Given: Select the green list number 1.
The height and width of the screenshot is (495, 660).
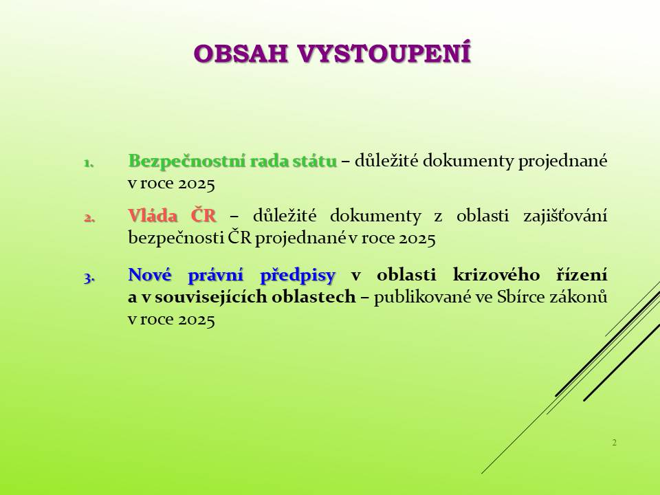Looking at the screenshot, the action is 89,163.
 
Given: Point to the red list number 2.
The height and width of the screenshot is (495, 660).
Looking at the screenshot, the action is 89,218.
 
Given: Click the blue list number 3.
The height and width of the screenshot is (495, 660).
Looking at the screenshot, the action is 89,277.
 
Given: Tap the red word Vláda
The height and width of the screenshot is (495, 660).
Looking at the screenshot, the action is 153,215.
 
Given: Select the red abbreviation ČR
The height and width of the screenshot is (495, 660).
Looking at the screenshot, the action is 203,214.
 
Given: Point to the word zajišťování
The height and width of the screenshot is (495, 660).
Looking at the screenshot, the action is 565,217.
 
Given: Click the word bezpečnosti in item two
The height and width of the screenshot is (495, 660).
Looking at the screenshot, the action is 176,239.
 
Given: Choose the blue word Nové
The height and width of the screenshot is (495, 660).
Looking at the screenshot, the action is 150,275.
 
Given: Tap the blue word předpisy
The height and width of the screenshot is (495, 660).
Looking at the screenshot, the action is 298,276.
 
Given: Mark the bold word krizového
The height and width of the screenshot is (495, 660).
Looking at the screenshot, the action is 496,275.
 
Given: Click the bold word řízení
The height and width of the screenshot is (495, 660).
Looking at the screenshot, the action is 582,275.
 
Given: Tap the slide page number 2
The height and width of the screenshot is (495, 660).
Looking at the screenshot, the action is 615,442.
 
